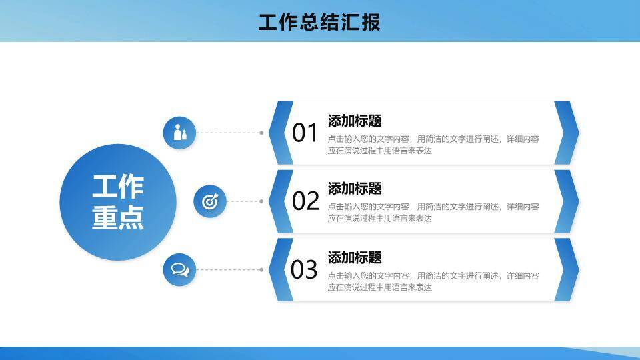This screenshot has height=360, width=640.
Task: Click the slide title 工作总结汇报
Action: click(x=319, y=22)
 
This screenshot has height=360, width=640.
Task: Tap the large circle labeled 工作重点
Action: click(x=118, y=202)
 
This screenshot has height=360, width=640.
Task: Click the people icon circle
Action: click(x=179, y=133)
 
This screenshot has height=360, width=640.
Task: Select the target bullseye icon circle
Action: click(x=210, y=201)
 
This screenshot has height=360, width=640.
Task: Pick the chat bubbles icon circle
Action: click(x=179, y=270)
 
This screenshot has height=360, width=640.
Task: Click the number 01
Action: click(x=305, y=133)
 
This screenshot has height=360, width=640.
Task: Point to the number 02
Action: click(x=306, y=201)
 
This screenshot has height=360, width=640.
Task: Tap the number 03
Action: click(x=304, y=270)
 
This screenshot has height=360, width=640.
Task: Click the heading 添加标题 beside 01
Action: click(x=355, y=121)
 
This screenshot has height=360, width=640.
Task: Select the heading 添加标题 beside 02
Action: click(x=355, y=189)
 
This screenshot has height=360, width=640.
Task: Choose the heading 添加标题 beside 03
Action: click(x=355, y=257)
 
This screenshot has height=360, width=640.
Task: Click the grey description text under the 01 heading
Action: click(x=433, y=145)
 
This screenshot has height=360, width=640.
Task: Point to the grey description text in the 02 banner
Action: click(x=433, y=212)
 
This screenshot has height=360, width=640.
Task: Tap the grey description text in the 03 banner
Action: click(x=433, y=281)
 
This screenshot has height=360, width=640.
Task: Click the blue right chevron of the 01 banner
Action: click(x=567, y=133)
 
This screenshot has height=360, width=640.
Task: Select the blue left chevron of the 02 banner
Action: click(x=281, y=201)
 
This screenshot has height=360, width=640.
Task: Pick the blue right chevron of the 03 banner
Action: click(x=567, y=270)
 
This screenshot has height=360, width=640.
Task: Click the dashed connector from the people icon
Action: click(x=229, y=133)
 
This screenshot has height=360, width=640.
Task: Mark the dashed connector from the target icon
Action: click(x=244, y=201)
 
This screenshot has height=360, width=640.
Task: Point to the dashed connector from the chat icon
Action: click(x=229, y=270)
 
